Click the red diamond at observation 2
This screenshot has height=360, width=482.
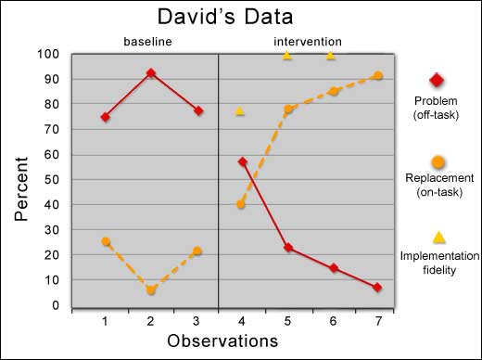pyautogui.click(x=150, y=72)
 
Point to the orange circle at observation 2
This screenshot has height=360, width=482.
pyautogui.click(x=150, y=290)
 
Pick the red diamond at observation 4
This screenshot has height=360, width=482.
pyautogui.click(x=243, y=161)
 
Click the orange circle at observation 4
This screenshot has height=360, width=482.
pyautogui.click(x=241, y=204)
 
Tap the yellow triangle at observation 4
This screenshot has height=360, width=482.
pyautogui.click(x=240, y=111)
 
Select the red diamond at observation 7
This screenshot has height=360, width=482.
pyautogui.click(x=377, y=288)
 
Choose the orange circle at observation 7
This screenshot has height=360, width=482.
pyautogui.click(x=377, y=76)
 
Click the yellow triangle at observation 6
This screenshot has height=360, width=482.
pyautogui.click(x=331, y=56)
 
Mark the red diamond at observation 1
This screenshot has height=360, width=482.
pyautogui.click(x=106, y=117)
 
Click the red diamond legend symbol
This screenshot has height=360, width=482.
pyautogui.click(x=438, y=81)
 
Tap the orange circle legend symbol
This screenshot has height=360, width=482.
pyautogui.click(x=438, y=161)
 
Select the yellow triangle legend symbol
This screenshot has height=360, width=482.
pyautogui.click(x=438, y=238)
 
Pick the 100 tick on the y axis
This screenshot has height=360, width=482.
pyautogui.click(x=46, y=54)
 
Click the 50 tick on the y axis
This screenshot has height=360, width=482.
pyautogui.click(x=50, y=179)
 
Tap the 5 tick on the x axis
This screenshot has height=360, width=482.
pyautogui.click(x=287, y=319)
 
